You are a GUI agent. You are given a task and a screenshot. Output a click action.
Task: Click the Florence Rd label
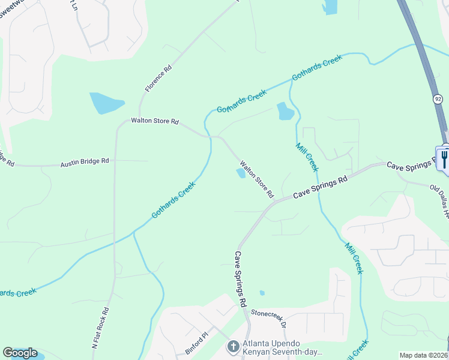point(158,78)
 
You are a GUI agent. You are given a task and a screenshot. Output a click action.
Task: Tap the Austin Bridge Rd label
point(84,161)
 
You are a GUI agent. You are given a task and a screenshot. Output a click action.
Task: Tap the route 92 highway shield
point(437,98)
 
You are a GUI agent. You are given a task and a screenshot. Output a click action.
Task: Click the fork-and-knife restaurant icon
point(444,159)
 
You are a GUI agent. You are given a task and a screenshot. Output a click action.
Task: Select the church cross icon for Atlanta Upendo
point(233,346)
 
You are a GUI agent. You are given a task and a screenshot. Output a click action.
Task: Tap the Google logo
point(20,353)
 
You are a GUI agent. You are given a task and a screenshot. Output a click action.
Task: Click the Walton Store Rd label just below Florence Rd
point(155,121)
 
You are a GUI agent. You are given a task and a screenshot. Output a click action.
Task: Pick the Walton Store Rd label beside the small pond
point(257,179)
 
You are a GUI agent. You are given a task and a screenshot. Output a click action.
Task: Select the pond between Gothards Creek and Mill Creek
point(285,111)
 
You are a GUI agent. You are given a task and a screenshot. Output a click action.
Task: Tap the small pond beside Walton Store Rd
point(241,173)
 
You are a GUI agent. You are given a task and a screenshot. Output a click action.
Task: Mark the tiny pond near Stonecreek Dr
point(262,293)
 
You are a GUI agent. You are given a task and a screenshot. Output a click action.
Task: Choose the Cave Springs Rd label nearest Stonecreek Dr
point(240,279)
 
